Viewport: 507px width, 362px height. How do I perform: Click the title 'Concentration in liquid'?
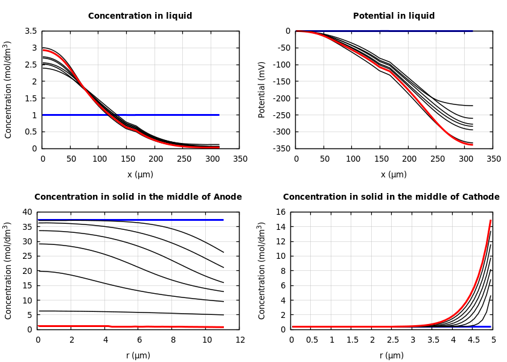(140, 16)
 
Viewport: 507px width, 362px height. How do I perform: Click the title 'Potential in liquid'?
(394, 16)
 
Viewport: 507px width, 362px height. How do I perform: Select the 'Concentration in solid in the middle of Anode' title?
(138, 197)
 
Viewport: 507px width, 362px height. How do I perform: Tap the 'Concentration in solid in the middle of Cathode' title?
(391, 197)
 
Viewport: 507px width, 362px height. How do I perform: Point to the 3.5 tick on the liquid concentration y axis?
(31, 31)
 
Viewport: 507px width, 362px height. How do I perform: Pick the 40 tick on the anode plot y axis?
(27, 212)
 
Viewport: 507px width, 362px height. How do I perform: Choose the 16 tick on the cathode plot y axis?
(280, 212)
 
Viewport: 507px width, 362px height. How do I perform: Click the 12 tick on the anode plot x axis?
(240, 340)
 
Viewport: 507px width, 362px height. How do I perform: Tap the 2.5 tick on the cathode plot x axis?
(392, 340)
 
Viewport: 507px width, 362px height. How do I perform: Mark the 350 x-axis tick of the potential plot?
(494, 159)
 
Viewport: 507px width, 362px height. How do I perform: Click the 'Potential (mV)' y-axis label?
(263, 89)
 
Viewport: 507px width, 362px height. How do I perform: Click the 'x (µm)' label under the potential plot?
(394, 174)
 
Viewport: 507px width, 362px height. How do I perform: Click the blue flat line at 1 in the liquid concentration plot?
(151, 115)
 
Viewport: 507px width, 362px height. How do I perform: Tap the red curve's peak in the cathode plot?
(490, 221)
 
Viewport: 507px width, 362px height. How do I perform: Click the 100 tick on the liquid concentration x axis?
(99, 159)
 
